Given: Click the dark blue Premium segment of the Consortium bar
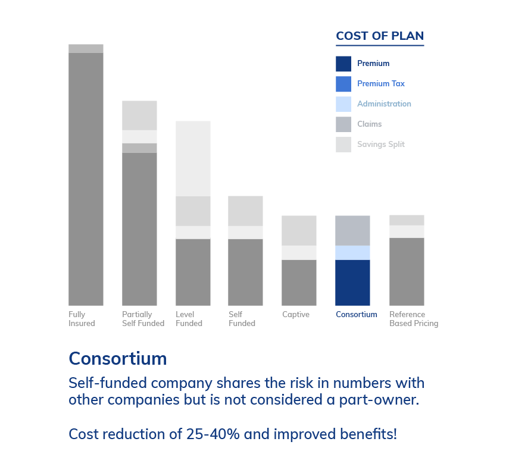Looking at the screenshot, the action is pyautogui.click(x=352, y=283).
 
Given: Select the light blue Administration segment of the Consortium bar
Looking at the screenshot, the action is pyautogui.click(x=352, y=253).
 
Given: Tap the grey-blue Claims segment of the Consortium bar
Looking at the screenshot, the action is pyautogui.click(x=352, y=231).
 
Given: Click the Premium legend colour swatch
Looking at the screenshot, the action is pyautogui.click(x=343, y=64).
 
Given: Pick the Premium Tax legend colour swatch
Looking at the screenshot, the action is pyautogui.click(x=343, y=84).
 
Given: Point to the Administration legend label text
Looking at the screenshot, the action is pyautogui.click(x=384, y=104).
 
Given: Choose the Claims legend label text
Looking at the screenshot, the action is pyautogui.click(x=369, y=124).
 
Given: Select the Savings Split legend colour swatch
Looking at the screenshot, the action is pyautogui.click(x=343, y=145).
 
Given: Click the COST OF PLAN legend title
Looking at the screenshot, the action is pyautogui.click(x=380, y=36).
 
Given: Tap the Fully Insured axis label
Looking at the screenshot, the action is pyautogui.click(x=82, y=319).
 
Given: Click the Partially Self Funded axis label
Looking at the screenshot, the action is pyautogui.click(x=143, y=319).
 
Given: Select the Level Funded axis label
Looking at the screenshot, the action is pyautogui.click(x=189, y=319).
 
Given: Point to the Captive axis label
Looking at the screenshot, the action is pyautogui.click(x=296, y=314).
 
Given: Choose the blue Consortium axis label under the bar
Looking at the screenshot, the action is pyautogui.click(x=356, y=314).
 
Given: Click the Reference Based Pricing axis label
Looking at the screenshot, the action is pyautogui.click(x=414, y=319).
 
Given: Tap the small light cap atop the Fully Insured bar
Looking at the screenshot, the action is pyautogui.click(x=86, y=48).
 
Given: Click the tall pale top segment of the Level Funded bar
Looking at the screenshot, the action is pyautogui.click(x=193, y=159).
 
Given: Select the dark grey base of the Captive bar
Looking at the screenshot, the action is pyautogui.click(x=299, y=283).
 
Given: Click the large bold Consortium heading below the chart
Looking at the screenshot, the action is pyautogui.click(x=118, y=358).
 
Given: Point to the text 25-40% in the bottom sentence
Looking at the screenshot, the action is pyautogui.click(x=213, y=434).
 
